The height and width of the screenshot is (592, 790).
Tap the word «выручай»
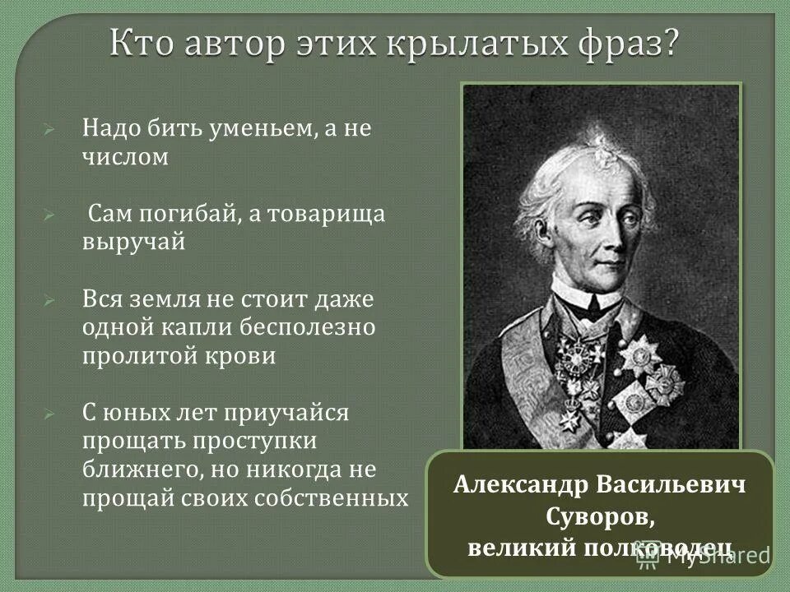(x=132, y=243)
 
